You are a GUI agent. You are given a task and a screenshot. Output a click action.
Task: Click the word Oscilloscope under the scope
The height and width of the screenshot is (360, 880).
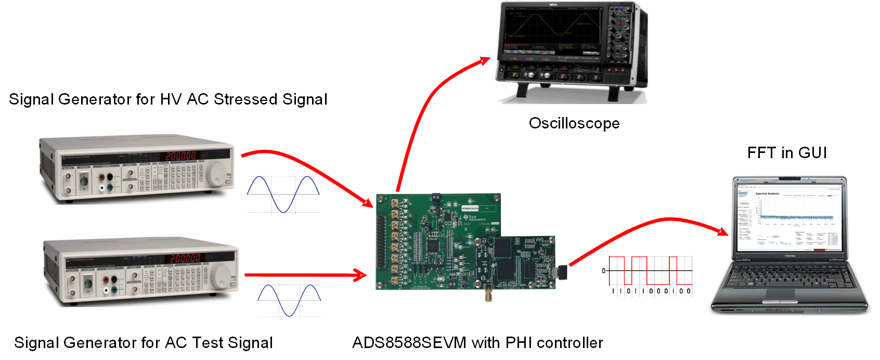coord(574,123)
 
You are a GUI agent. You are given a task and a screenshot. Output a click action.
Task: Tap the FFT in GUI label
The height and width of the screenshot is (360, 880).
coord(786,153)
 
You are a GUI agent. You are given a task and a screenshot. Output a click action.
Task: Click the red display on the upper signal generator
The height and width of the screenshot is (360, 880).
coord(181,156)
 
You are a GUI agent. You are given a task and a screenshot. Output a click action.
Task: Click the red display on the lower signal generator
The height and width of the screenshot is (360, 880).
coord(185,258)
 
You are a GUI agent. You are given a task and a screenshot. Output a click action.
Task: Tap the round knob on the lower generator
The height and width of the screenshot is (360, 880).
coord(221,275)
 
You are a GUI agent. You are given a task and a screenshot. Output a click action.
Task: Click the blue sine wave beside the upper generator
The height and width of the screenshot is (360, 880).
coord(283,194)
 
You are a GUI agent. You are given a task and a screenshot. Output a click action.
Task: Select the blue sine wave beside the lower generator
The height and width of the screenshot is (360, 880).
coord(289,300)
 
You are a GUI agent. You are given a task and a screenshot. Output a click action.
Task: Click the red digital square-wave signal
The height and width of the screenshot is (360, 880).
coord(650,270)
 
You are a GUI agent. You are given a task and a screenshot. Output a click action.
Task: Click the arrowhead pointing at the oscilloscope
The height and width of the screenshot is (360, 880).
coord(485,60)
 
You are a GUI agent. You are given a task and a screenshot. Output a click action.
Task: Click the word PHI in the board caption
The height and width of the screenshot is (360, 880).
coord(519,343)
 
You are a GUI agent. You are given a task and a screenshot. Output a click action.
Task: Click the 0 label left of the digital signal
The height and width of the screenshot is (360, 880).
coord(604,271)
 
